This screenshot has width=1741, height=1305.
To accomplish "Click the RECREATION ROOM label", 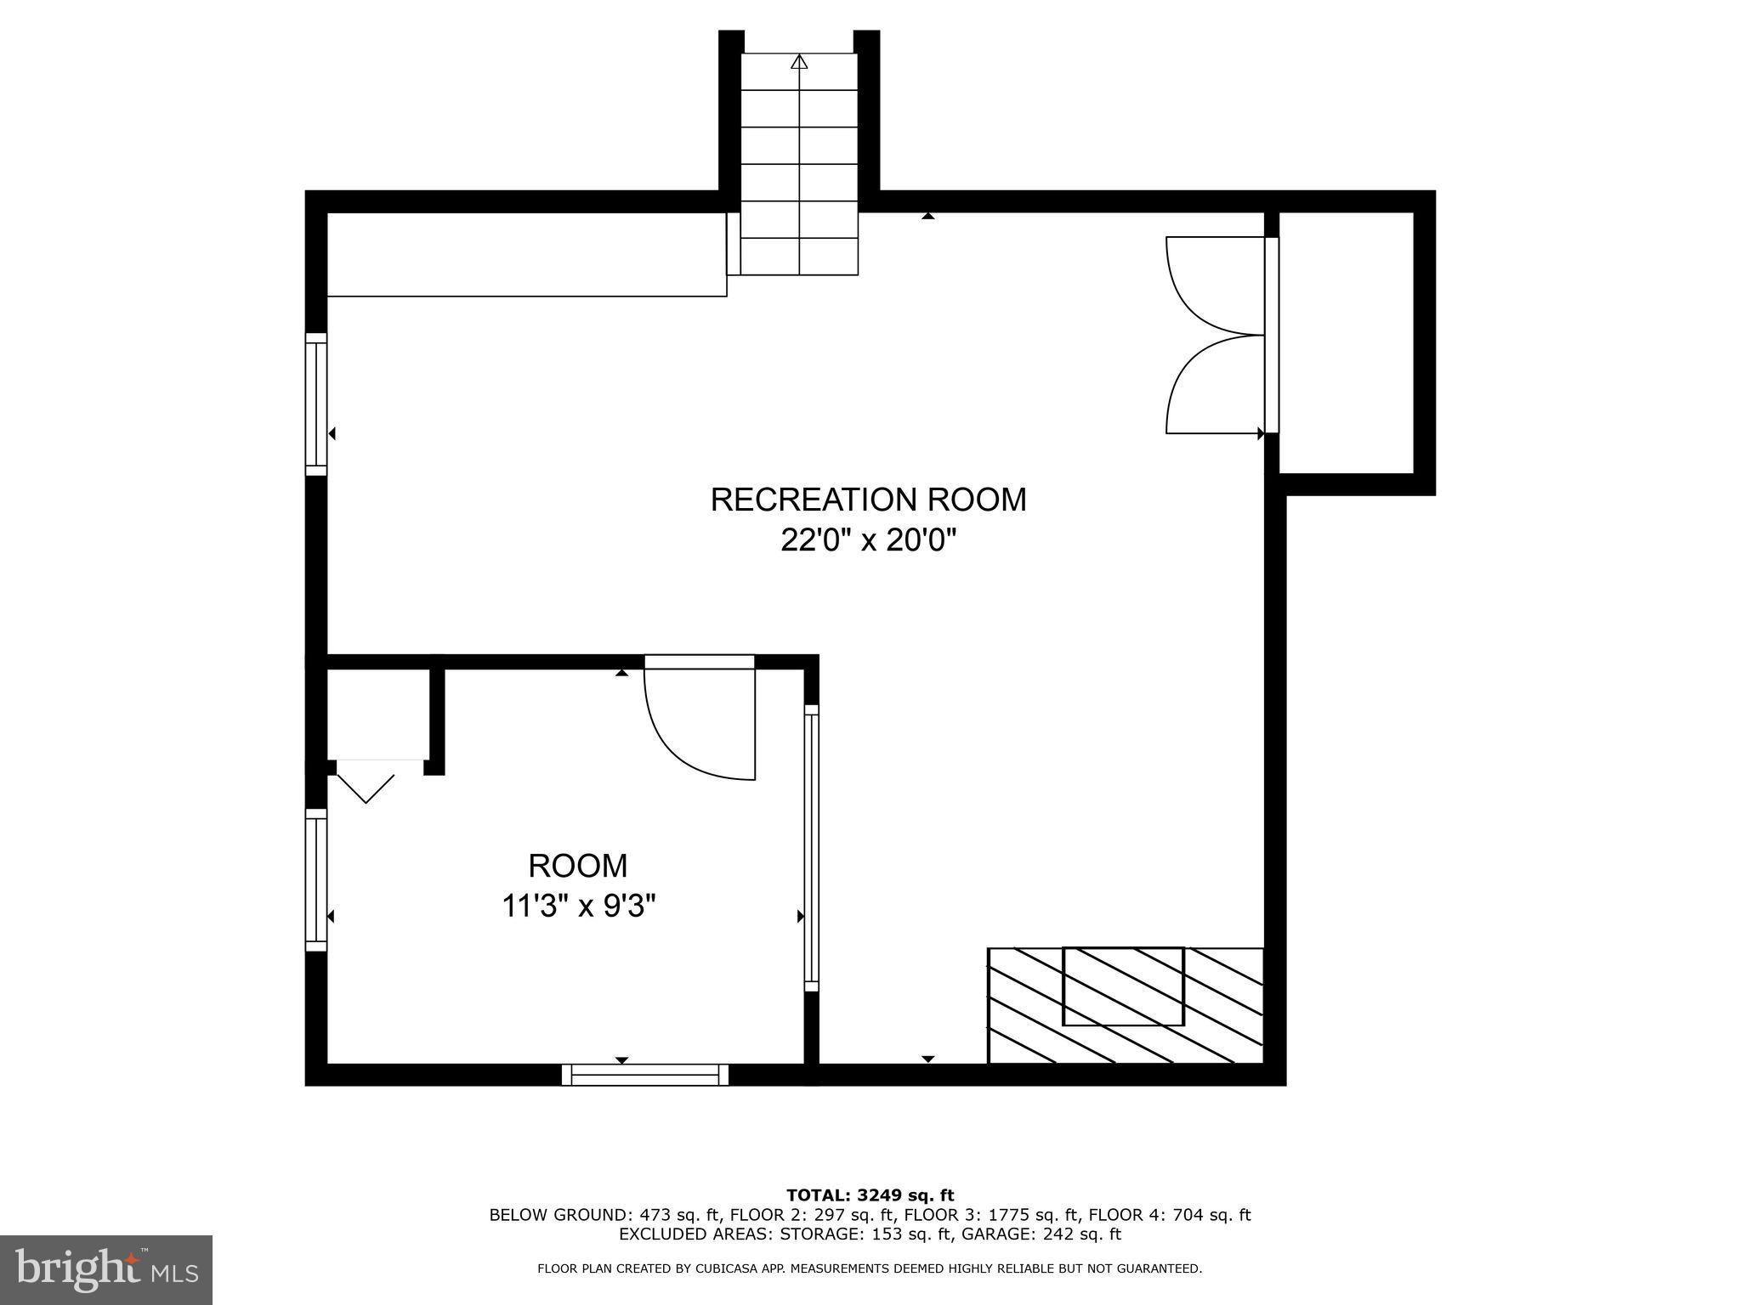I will pos(868,500).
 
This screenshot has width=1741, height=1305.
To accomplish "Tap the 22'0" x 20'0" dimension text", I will pos(868,540).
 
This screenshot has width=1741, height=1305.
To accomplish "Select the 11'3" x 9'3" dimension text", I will pos(579,907).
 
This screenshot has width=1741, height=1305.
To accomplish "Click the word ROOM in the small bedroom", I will pos(578,866).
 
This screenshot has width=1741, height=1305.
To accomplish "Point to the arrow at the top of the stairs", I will pos(799,62).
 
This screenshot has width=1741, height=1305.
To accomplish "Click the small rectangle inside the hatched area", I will pos(1123,986).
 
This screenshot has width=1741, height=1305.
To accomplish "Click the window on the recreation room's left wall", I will pos(316,404).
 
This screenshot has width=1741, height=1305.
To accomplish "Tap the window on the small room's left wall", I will pos(316,879).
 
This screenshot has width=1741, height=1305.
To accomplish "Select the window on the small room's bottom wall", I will pos(645,1075).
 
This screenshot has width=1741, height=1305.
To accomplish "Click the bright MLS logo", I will pos(106,1270).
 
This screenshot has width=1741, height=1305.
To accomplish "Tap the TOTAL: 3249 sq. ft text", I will pos(870,1196).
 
